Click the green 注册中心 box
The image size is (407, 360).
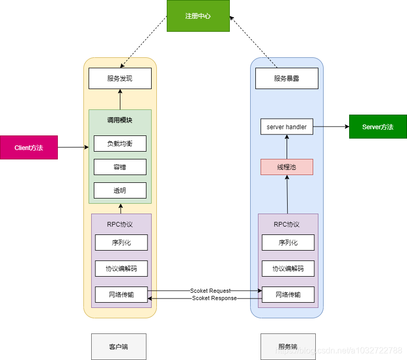tap(198, 16)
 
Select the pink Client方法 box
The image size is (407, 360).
tap(29, 147)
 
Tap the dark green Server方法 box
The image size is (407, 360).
tap(378, 127)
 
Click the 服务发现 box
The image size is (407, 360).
tap(120, 78)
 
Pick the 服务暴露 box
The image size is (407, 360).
tap(287, 78)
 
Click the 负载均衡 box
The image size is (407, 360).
tap(120, 143)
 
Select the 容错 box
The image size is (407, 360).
tap(120, 167)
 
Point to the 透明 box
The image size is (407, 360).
tap(120, 190)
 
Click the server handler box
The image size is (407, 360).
tap(287, 127)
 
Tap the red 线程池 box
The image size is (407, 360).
tap(287, 167)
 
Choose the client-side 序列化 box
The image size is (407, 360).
tap(121, 242)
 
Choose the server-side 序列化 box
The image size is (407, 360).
tap(288, 242)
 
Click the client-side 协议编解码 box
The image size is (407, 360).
tap(121, 268)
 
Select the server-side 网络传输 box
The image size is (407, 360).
tap(288, 294)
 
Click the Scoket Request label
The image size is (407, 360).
tap(210, 291)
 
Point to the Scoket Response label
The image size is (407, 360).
tap(214, 298)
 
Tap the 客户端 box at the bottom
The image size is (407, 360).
tap(119, 346)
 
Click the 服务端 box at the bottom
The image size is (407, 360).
tap(288, 346)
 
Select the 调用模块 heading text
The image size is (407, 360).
tap(120, 120)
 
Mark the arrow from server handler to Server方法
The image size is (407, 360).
tap(331, 127)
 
